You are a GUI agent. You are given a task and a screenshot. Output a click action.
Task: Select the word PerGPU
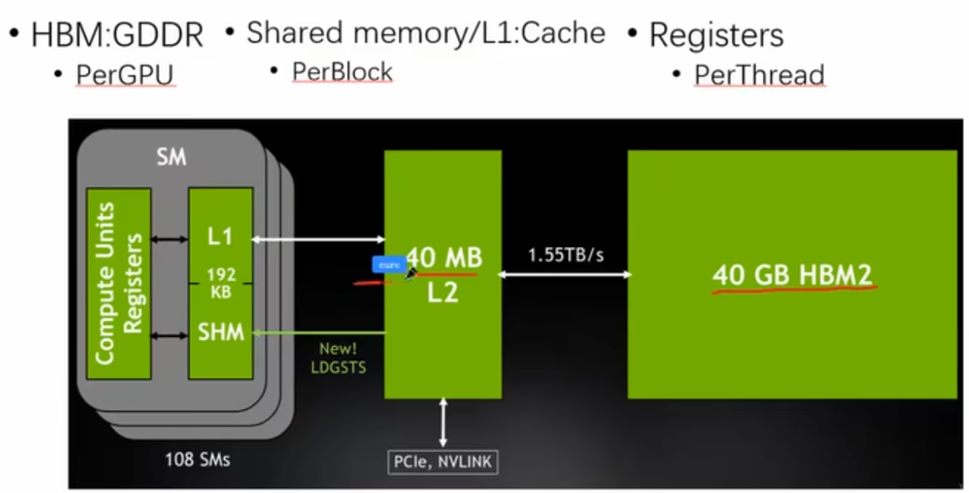[125, 75]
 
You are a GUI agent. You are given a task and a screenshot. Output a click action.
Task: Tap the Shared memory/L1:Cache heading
[426, 32]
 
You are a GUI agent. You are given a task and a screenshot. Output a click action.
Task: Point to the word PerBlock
[342, 72]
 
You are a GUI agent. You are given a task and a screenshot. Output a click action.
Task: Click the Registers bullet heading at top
[716, 35]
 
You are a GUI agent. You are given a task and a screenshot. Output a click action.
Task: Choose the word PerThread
[759, 75]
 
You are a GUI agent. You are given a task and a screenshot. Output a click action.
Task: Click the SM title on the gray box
[171, 159]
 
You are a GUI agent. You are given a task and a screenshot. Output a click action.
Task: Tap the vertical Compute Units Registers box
[119, 283]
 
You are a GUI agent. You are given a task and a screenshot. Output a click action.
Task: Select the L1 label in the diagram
[220, 237]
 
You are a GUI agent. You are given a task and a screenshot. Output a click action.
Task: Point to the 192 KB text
[220, 283]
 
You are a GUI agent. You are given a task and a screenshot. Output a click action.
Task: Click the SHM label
[221, 331]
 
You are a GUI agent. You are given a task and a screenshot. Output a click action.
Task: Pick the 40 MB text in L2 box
[444, 258]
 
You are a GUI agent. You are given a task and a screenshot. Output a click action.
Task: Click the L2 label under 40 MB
[442, 293]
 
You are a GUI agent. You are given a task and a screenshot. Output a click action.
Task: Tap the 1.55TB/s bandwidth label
[565, 254]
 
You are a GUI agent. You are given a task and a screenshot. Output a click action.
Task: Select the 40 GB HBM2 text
[793, 275]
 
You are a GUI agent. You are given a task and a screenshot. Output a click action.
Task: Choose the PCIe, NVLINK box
[443, 461]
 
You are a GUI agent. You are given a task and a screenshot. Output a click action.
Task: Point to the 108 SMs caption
[197, 458]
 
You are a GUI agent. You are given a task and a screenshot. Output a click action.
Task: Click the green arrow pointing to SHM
[319, 332]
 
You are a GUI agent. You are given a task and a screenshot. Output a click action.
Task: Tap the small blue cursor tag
[389, 265]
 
